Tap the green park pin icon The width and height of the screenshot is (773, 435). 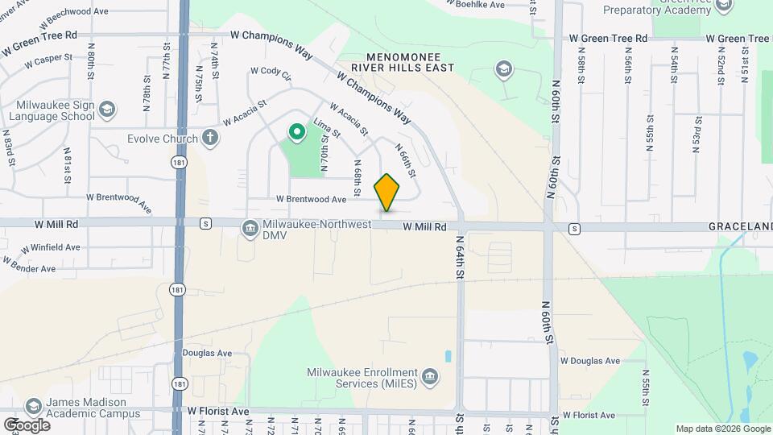[296, 131]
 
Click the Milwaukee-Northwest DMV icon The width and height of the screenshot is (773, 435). [250, 229]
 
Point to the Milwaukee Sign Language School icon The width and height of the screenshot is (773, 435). [107, 109]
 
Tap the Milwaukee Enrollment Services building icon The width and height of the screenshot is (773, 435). [430, 376]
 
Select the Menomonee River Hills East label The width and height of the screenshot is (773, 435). [411, 63]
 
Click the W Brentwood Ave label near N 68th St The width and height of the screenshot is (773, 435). [311, 199]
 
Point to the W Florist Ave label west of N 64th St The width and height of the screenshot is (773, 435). [219, 411]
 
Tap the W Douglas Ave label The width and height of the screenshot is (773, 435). [590, 361]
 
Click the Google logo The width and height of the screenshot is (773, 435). [27, 425]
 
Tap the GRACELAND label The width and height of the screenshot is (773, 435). [740, 228]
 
